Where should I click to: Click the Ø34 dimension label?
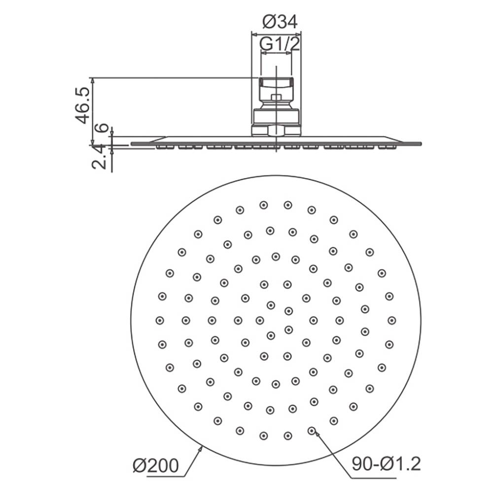tap(280, 22)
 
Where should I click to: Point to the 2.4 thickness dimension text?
tap(98, 158)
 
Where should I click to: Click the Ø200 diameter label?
tap(156, 465)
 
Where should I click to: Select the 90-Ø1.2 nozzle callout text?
tap(386, 464)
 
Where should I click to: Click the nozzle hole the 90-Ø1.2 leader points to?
tap(311, 430)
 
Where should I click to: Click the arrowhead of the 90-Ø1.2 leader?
tap(317, 435)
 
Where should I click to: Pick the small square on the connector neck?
tap(276, 98)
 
